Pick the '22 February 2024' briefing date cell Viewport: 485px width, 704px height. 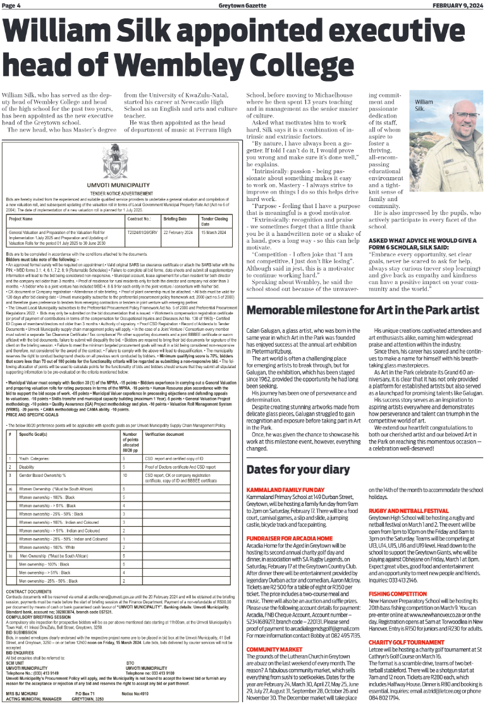pos(178,232)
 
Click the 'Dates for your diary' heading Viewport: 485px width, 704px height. pos(298,469)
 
